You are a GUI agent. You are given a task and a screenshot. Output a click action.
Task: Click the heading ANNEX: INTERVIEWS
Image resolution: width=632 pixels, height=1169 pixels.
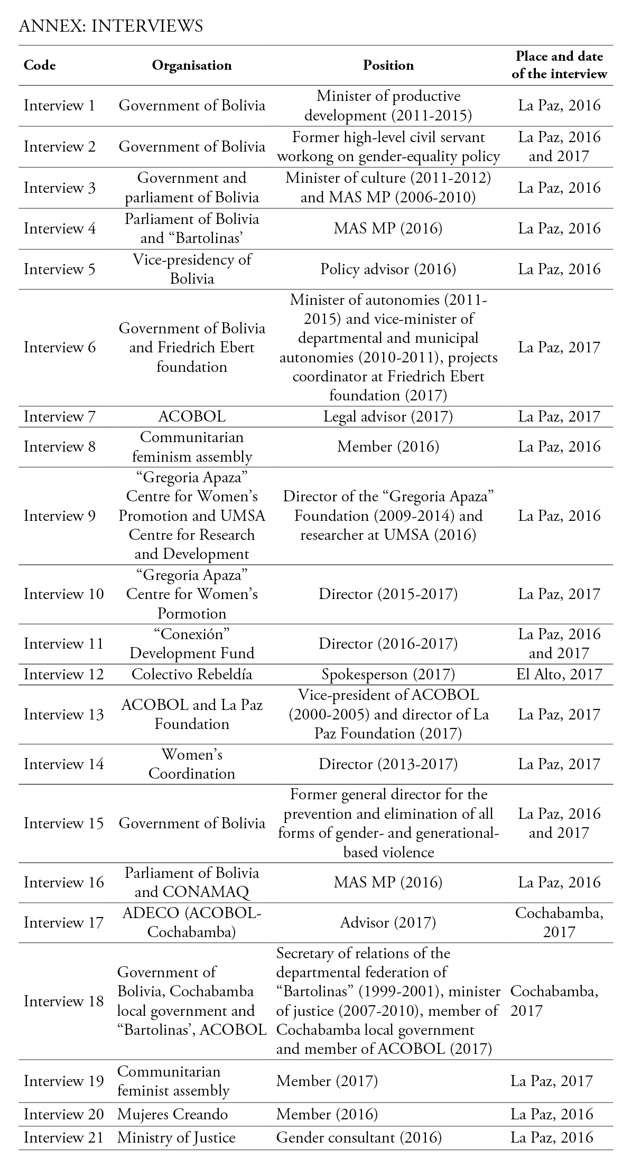tap(110, 26)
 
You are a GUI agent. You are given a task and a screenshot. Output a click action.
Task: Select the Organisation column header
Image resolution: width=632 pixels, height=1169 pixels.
tap(192, 65)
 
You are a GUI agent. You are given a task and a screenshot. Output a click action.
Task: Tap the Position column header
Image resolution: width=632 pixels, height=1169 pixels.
tap(388, 65)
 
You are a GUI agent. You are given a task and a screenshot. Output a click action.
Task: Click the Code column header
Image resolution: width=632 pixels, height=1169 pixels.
tap(40, 65)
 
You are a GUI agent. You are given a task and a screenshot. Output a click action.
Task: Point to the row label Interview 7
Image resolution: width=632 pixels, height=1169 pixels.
tap(59, 416)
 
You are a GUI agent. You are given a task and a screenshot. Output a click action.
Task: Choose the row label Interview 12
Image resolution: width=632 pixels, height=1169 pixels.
tap(63, 674)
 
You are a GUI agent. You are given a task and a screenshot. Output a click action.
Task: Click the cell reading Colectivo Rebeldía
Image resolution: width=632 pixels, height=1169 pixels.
tap(192, 674)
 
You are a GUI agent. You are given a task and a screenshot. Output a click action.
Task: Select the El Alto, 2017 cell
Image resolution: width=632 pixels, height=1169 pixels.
tap(559, 674)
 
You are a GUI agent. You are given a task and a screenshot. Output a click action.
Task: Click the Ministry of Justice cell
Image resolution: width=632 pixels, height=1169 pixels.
tap(176, 1137)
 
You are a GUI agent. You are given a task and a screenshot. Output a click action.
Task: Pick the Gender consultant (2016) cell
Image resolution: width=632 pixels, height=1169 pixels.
tap(359, 1137)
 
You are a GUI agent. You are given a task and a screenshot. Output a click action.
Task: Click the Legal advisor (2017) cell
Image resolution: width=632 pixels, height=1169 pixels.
tap(388, 416)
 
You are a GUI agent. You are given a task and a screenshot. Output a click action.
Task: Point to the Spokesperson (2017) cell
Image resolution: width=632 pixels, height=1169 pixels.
tap(388, 674)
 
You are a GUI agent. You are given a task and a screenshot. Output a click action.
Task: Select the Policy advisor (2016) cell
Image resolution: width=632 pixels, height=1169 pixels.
tap(388, 269)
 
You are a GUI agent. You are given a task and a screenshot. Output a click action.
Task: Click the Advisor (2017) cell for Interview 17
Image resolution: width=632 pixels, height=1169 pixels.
tap(388, 922)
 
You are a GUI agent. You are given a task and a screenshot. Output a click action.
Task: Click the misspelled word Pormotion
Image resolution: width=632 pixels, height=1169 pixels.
tap(192, 613)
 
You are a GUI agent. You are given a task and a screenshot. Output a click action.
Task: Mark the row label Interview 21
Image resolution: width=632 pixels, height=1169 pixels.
tap(63, 1137)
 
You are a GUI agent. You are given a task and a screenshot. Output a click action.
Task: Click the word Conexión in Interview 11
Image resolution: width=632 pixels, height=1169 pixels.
tap(192, 634)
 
